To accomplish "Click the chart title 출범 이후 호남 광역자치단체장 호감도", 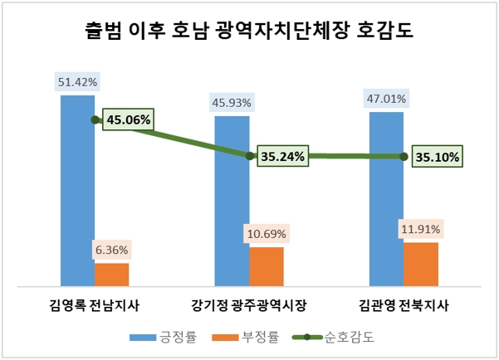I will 249,32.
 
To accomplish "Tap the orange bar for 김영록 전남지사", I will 111,275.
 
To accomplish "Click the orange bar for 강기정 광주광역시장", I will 267,266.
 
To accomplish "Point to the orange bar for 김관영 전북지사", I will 421,264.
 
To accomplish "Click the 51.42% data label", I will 77,82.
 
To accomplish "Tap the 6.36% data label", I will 111,250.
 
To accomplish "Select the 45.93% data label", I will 232,103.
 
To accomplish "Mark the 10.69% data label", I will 267,234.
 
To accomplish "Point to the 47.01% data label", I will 387,99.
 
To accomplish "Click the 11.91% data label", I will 421,229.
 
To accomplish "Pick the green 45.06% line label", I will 128,119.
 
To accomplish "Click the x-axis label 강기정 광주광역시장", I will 248,304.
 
